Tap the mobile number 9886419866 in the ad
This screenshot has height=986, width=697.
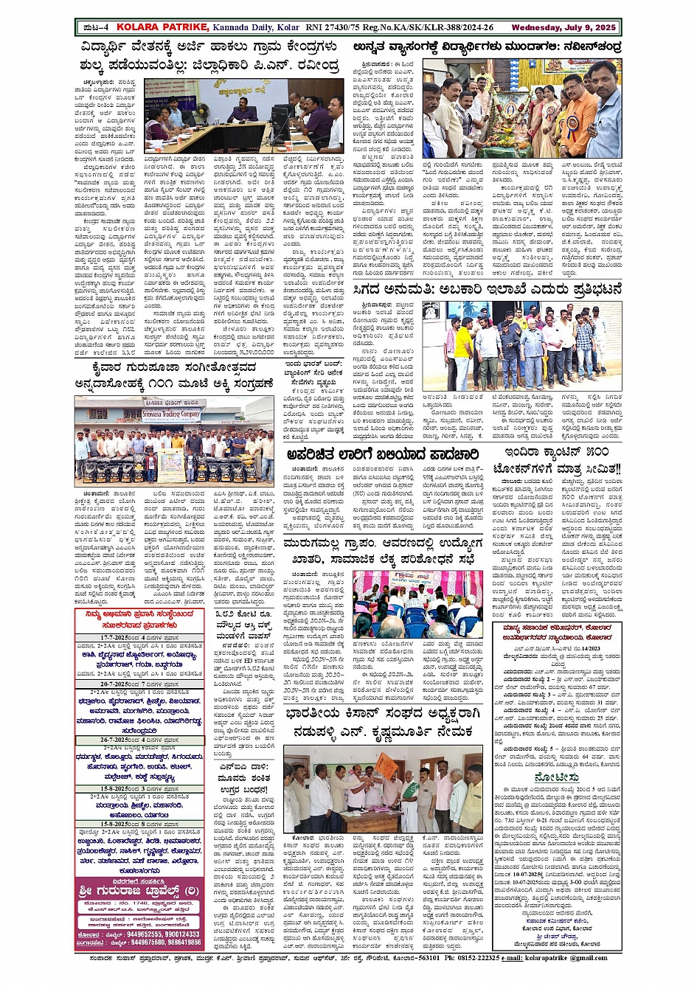coord(184,942)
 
